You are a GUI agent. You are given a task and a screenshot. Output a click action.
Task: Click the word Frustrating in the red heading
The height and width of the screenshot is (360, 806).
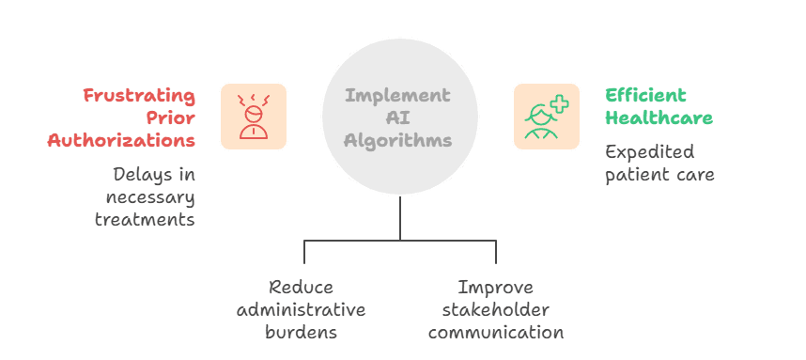(139, 96)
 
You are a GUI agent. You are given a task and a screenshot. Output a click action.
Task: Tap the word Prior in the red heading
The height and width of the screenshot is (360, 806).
(171, 117)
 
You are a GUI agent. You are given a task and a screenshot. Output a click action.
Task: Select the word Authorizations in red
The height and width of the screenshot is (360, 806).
(122, 140)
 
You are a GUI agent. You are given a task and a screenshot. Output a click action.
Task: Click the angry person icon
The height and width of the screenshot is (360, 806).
(254, 116)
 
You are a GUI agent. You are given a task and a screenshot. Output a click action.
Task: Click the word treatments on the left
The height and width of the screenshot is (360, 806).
(145, 219)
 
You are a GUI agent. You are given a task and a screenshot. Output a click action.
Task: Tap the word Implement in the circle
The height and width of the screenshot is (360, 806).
(397, 96)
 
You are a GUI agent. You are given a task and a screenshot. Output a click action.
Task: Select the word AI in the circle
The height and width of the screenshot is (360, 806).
(397, 117)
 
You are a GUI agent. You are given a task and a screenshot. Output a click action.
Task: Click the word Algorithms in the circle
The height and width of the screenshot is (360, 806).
(397, 140)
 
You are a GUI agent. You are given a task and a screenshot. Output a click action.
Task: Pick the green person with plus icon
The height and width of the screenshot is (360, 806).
(546, 116)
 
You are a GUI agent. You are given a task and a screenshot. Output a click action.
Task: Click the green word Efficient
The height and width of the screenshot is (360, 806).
(645, 96)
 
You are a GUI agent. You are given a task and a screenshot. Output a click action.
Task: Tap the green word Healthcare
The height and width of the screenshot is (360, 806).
(659, 117)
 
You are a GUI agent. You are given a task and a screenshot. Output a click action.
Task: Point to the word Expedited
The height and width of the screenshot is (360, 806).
(649, 152)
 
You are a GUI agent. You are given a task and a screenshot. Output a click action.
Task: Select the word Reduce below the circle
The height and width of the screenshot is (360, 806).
(301, 288)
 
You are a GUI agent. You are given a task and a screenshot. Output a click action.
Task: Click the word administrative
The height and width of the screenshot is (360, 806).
(301, 309)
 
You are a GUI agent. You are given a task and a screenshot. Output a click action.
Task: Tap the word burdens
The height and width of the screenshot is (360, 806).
(301, 332)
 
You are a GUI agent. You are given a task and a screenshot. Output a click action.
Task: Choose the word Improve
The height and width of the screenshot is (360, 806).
(495, 288)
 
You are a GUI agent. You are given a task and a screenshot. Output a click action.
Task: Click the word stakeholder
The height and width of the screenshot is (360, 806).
(495, 309)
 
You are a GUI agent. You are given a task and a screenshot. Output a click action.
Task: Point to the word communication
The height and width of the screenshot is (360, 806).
(495, 332)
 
